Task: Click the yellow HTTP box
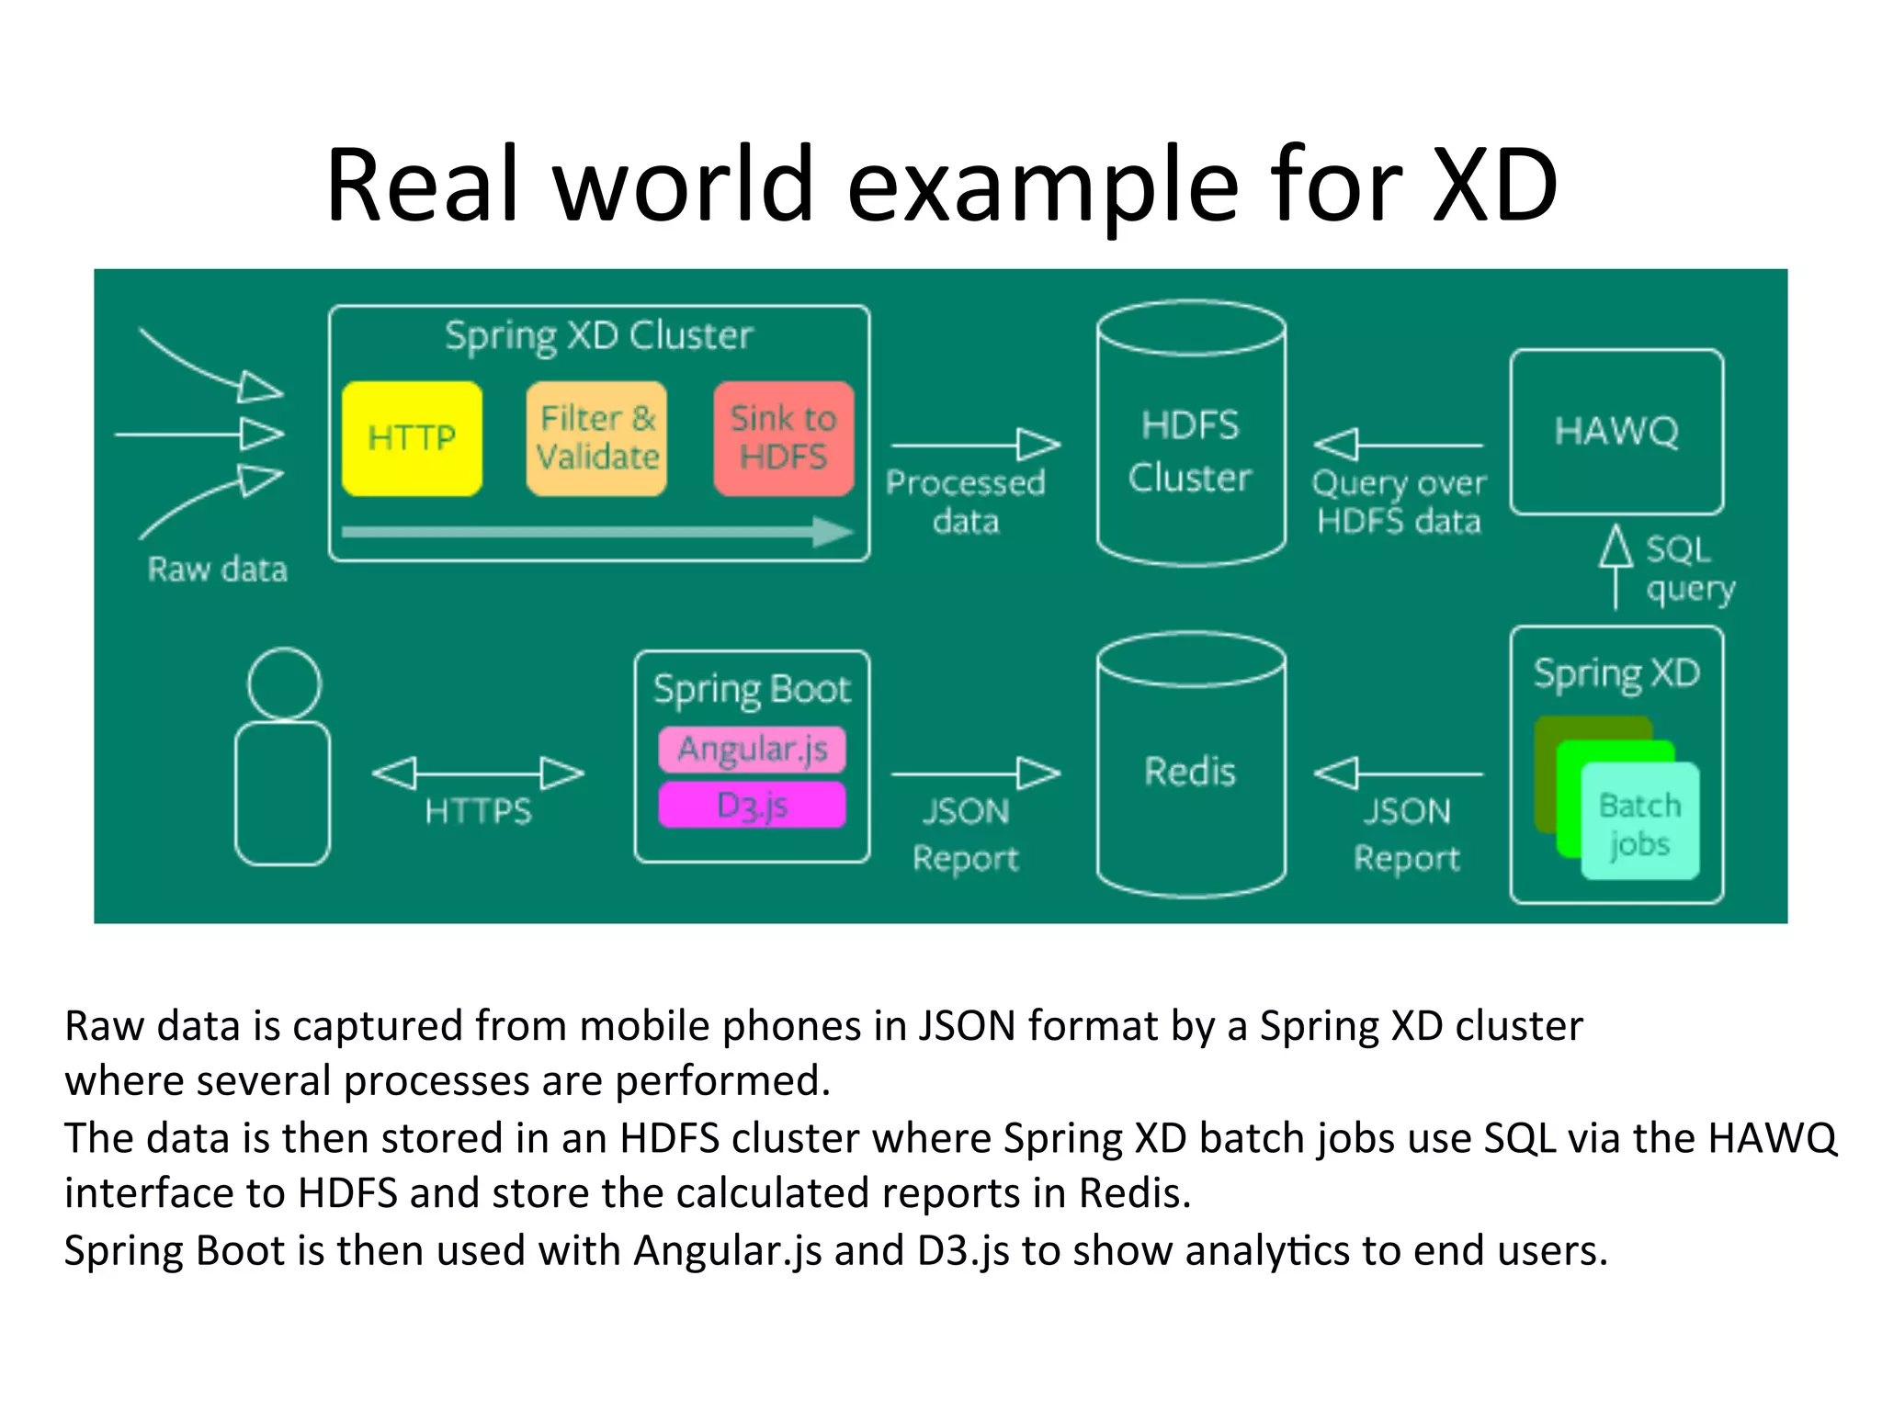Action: pyautogui.click(x=412, y=439)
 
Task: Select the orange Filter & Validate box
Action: pyautogui.click(x=596, y=439)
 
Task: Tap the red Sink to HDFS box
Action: pyautogui.click(x=783, y=439)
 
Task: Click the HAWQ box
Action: pyautogui.click(x=1616, y=431)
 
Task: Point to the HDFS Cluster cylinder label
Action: pyautogui.click(x=1190, y=452)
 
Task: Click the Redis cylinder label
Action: pyautogui.click(x=1190, y=772)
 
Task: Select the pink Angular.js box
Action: pyautogui.click(x=752, y=750)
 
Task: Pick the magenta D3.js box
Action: pyautogui.click(x=752, y=806)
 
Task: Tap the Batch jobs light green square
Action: pyautogui.click(x=1640, y=823)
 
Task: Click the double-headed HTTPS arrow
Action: pyautogui.click(x=478, y=773)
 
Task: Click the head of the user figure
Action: pyautogui.click(x=284, y=684)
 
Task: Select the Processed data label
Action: pyautogui.click(x=965, y=502)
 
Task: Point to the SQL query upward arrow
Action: pyautogui.click(x=1616, y=565)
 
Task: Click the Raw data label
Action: pyautogui.click(x=218, y=570)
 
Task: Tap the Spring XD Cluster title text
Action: pyautogui.click(x=598, y=336)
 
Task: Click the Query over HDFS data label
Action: pyautogui.click(x=1398, y=502)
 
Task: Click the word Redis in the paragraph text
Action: pyautogui.click(x=1133, y=1193)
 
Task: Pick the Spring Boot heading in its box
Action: pyautogui.click(x=752, y=690)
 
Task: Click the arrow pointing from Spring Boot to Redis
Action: pyautogui.click(x=974, y=773)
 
